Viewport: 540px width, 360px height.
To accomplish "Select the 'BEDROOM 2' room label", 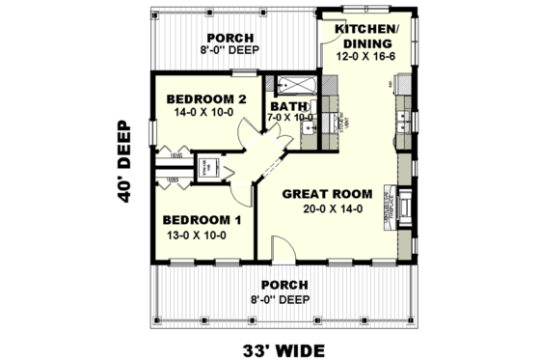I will (x=206, y=98).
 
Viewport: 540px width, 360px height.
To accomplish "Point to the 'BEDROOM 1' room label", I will (x=201, y=219).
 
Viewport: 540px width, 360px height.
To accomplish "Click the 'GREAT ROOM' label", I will (x=322, y=193).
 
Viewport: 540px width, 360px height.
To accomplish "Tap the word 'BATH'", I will (x=287, y=106).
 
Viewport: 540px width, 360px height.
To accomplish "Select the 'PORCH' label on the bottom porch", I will (x=283, y=286).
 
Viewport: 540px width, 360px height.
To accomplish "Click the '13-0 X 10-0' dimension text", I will (x=201, y=234).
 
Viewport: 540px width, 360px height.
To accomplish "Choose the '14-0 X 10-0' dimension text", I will (x=206, y=113).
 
